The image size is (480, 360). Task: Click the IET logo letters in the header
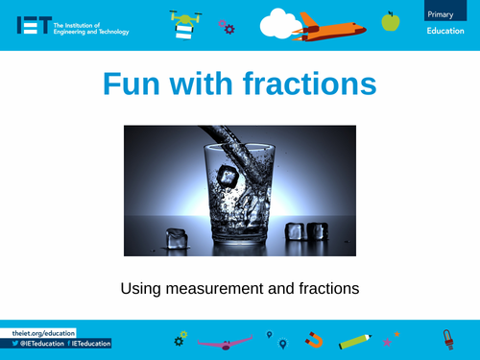click(x=34, y=25)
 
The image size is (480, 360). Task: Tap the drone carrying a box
click(x=184, y=23)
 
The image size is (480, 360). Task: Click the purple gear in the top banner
click(x=228, y=28)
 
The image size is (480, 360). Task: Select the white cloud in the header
click(x=280, y=23)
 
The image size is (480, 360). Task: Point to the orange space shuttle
click(x=331, y=24)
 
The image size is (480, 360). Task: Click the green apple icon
click(x=390, y=21)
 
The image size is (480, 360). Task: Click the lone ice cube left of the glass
click(x=177, y=239)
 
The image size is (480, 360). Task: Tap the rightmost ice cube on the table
click(x=318, y=233)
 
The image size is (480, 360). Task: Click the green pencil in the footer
click(x=354, y=340)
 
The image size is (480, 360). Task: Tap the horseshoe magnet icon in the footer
click(x=314, y=339)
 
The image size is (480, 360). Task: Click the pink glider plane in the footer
click(x=225, y=340)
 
